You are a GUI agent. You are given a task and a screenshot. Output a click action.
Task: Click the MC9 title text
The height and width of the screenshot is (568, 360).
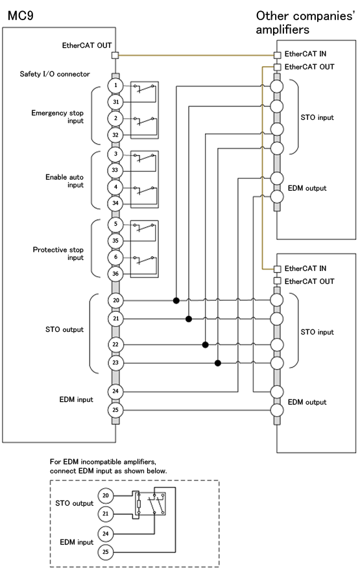(x=21, y=16)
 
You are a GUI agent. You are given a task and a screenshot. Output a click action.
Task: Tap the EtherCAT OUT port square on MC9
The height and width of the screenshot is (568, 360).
(x=115, y=55)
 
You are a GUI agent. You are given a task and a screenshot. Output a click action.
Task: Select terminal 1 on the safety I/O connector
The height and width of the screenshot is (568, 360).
(x=115, y=86)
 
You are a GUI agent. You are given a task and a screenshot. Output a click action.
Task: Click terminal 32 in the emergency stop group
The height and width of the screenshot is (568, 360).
(x=115, y=135)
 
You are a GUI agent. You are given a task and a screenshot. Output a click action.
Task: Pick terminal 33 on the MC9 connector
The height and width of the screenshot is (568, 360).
(x=115, y=170)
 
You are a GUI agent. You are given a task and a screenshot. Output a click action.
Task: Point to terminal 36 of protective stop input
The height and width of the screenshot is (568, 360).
(x=115, y=274)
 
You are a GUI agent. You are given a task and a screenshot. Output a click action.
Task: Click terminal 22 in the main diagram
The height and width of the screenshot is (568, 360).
(x=115, y=344)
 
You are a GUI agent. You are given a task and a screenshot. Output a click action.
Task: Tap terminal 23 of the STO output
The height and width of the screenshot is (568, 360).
(x=115, y=362)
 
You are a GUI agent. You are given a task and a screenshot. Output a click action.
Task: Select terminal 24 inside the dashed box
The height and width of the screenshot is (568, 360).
(x=106, y=534)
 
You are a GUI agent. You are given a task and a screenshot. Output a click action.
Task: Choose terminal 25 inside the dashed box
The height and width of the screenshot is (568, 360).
(x=106, y=552)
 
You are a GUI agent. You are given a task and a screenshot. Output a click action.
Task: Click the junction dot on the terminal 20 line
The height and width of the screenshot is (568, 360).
(x=176, y=300)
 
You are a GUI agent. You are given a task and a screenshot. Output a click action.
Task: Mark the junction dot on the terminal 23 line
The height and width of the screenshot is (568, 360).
(x=218, y=363)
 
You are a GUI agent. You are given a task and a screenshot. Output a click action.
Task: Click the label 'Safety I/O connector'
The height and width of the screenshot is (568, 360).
(x=54, y=74)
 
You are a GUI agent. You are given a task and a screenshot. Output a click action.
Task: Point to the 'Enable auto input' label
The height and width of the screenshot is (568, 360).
(x=64, y=181)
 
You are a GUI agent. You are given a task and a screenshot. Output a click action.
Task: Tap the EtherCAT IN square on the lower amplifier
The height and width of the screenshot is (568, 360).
(x=278, y=269)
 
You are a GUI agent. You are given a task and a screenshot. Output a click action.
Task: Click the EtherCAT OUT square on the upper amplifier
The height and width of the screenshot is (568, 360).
(x=278, y=67)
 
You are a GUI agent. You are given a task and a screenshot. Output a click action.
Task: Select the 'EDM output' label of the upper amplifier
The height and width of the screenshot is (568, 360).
(x=307, y=188)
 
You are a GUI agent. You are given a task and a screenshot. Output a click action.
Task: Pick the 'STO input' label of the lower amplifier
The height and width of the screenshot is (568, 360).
(x=317, y=332)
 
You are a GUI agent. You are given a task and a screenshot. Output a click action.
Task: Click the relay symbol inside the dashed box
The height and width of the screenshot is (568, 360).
(x=151, y=503)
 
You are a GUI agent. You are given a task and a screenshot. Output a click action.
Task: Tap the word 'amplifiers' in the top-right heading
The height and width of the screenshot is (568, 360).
(x=283, y=30)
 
